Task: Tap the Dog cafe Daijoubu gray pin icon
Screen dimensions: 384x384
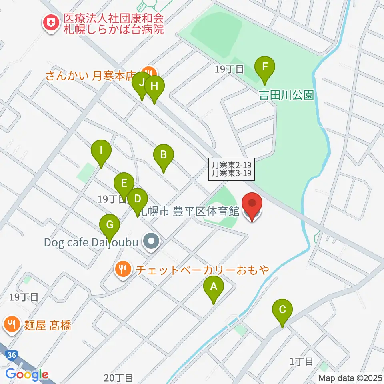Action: (152, 242)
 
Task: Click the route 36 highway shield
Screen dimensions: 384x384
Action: (12, 355)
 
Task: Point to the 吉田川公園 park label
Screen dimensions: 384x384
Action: (286, 95)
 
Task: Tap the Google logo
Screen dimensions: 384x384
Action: (26, 375)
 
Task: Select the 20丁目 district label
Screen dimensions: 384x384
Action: (118, 377)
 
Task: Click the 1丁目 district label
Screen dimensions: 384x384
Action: (301, 362)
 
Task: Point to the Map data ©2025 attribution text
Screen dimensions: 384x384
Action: (350, 378)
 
